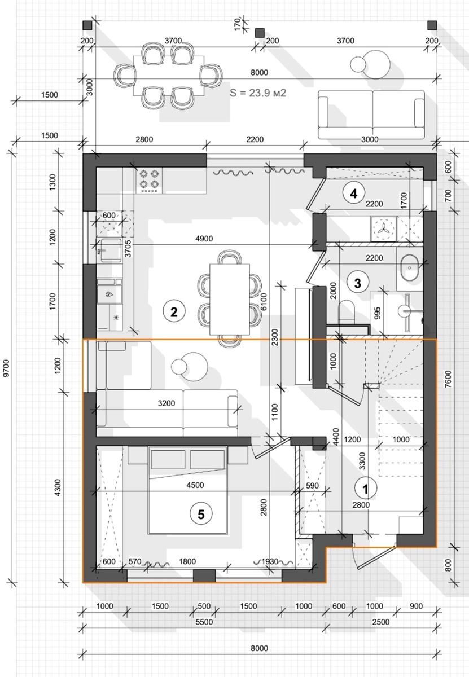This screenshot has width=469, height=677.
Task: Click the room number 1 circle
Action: [x=366, y=489]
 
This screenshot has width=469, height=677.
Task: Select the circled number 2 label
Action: [x=174, y=312]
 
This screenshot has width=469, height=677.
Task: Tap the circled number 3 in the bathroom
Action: [x=358, y=283]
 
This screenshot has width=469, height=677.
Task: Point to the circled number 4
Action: [x=354, y=193]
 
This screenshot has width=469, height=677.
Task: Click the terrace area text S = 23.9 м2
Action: [x=258, y=93]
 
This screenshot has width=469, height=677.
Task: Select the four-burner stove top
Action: [x=149, y=181]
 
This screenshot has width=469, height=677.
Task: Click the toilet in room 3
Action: [x=347, y=311]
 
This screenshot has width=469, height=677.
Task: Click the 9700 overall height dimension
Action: [x=7, y=368]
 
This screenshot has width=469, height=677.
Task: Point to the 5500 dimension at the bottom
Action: [x=204, y=622]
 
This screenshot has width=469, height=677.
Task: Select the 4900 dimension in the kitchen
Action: [x=204, y=239]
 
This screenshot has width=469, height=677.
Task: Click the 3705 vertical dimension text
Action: [x=128, y=248]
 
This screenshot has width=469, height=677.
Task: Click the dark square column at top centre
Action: [x=260, y=33]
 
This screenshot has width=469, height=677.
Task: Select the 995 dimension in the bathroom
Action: [x=377, y=313]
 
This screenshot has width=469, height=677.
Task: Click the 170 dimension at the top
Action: [x=238, y=24]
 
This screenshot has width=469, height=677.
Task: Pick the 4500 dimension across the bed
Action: [x=195, y=485]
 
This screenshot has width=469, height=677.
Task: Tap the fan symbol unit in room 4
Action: [x=384, y=229]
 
